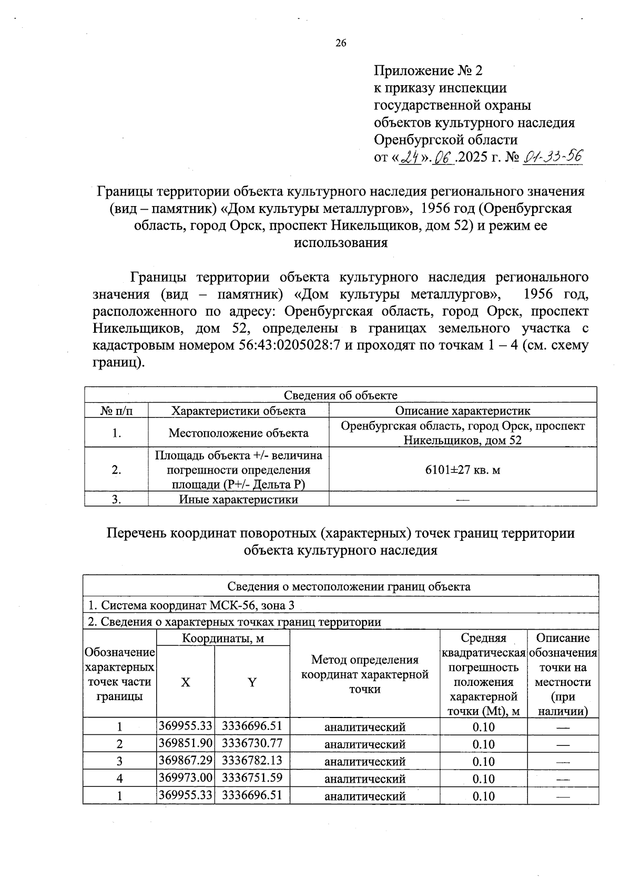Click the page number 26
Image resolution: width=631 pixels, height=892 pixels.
click(x=341, y=44)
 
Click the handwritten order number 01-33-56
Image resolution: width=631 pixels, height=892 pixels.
click(x=553, y=157)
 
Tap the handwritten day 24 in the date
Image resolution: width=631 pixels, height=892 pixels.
click(x=410, y=157)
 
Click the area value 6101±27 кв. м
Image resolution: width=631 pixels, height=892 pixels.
click(x=462, y=469)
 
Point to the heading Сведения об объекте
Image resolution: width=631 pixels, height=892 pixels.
click(x=340, y=395)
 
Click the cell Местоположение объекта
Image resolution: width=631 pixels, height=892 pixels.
click(x=238, y=433)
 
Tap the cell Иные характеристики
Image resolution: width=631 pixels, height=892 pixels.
click(x=238, y=499)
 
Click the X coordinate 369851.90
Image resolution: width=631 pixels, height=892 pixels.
click(x=185, y=743)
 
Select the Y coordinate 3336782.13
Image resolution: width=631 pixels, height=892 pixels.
click(x=252, y=761)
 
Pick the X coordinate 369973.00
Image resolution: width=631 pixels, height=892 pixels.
click(x=185, y=778)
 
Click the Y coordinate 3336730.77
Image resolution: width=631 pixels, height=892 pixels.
click(x=252, y=743)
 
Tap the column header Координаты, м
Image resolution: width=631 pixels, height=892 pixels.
click(x=222, y=638)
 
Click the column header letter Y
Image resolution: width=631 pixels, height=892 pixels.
click(x=252, y=682)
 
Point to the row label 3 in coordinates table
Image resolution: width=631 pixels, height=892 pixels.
click(x=119, y=761)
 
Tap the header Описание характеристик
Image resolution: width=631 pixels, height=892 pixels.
click(x=462, y=411)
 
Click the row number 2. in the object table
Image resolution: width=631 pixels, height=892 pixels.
click(x=116, y=469)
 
